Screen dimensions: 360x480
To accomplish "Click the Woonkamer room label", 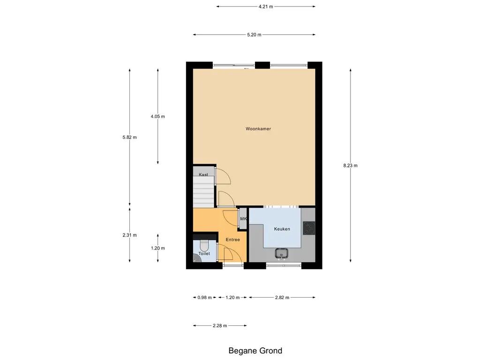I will [258, 128].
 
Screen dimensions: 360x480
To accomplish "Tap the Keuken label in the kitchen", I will [282, 229].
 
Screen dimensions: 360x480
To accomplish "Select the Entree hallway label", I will [232, 240].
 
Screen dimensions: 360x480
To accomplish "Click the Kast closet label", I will [203, 174].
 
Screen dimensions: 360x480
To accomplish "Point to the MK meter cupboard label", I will [243, 219].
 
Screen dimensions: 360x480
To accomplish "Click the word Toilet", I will [204, 254].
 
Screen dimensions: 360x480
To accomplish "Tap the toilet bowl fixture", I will [204, 245].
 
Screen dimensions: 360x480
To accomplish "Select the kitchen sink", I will [282, 254].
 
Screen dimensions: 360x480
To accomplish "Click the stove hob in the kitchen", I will [308, 228].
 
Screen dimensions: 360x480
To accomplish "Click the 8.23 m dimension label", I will [350, 165].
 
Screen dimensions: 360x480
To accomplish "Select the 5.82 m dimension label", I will [129, 137].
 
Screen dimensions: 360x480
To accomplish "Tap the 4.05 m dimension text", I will [157, 116].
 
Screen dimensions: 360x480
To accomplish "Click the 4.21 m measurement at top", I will [265, 7].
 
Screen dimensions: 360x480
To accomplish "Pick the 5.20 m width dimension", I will [254, 35].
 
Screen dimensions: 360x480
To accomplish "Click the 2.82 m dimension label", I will [282, 298].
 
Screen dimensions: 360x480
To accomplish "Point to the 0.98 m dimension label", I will [204, 298].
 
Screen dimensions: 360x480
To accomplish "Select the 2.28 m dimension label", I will [219, 326].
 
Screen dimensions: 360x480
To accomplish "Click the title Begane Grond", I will [255, 351].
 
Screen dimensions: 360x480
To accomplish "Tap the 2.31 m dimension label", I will [129, 235].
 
